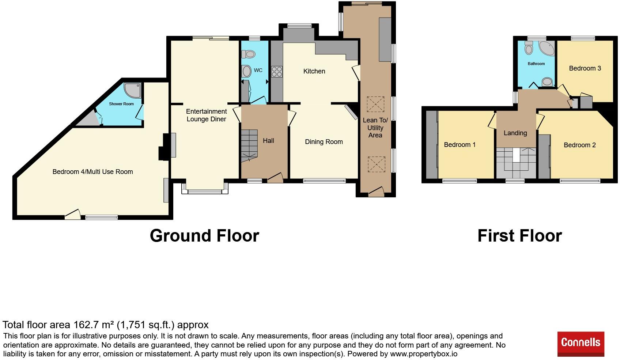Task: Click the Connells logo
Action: (581, 344)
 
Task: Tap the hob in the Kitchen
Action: (277, 71)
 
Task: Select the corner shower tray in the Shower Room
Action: (132, 90)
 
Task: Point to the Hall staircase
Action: (249, 145)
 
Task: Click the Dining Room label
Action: (324, 142)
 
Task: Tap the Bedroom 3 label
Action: (585, 68)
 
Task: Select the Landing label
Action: (515, 133)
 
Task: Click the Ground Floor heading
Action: (204, 236)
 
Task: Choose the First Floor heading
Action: (520, 236)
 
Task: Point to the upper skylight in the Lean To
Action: (375, 104)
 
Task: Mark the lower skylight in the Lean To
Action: (376, 164)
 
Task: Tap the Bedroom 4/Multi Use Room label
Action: (93, 172)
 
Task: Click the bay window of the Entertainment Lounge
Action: (205, 188)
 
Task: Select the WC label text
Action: (258, 70)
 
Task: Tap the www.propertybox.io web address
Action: (424, 354)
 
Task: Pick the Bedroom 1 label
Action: (460, 145)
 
